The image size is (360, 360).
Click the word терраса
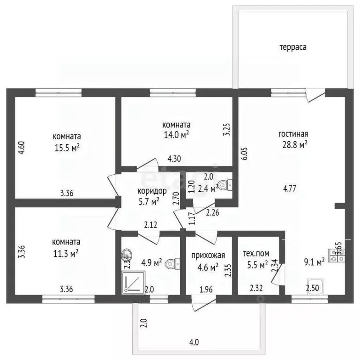pyautogui.click(x=292, y=47)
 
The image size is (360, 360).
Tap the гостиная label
pyautogui.click(x=293, y=134)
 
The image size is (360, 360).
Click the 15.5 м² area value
pyautogui.click(x=67, y=148)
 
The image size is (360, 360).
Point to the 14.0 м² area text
pyautogui.click(x=176, y=135)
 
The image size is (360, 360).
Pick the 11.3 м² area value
pyautogui.click(x=66, y=254)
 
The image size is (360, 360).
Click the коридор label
pyautogui.click(x=152, y=191)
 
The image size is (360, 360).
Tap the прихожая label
pyautogui.click(x=208, y=255)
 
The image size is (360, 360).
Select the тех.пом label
pyautogui.click(x=256, y=254)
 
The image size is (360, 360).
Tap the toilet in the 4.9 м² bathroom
pyautogui.click(x=172, y=263)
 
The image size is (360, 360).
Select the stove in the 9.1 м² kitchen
pyautogui.click(x=337, y=255)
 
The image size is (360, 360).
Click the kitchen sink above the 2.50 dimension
pyautogui.click(x=315, y=286)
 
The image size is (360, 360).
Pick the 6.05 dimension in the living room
pyautogui.click(x=245, y=154)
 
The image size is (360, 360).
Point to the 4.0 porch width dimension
pyautogui.click(x=194, y=342)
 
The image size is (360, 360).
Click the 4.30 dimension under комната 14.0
pyautogui.click(x=174, y=158)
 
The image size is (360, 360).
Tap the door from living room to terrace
pyautogui.click(x=315, y=96)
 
